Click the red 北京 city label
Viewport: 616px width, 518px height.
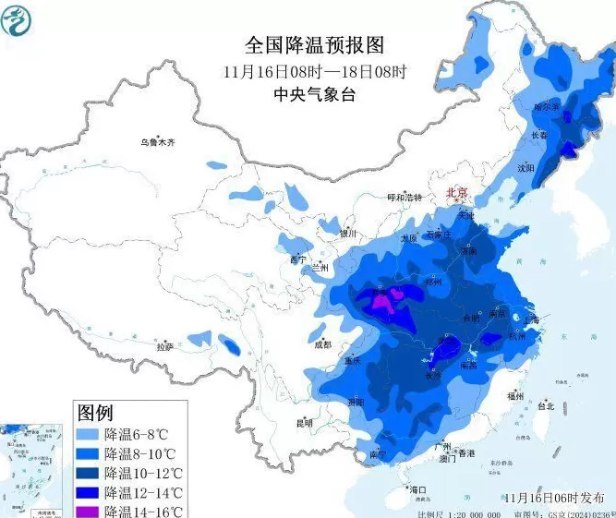point(456,193)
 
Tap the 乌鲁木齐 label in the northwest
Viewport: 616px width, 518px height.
point(157,143)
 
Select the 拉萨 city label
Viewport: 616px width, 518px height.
point(164,346)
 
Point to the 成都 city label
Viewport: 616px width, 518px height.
point(321,344)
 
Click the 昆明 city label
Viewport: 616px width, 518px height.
point(304,423)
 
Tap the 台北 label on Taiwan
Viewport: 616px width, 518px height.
point(545,405)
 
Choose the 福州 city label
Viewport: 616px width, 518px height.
point(515,394)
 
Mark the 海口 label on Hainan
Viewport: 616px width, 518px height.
point(417,488)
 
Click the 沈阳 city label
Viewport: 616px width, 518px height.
point(526,168)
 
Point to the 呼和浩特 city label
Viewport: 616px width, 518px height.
point(404,198)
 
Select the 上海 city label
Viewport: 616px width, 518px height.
point(531,319)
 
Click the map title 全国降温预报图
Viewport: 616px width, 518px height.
point(313,44)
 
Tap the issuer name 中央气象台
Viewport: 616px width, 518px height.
point(313,94)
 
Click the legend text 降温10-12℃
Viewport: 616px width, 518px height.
point(143,473)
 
